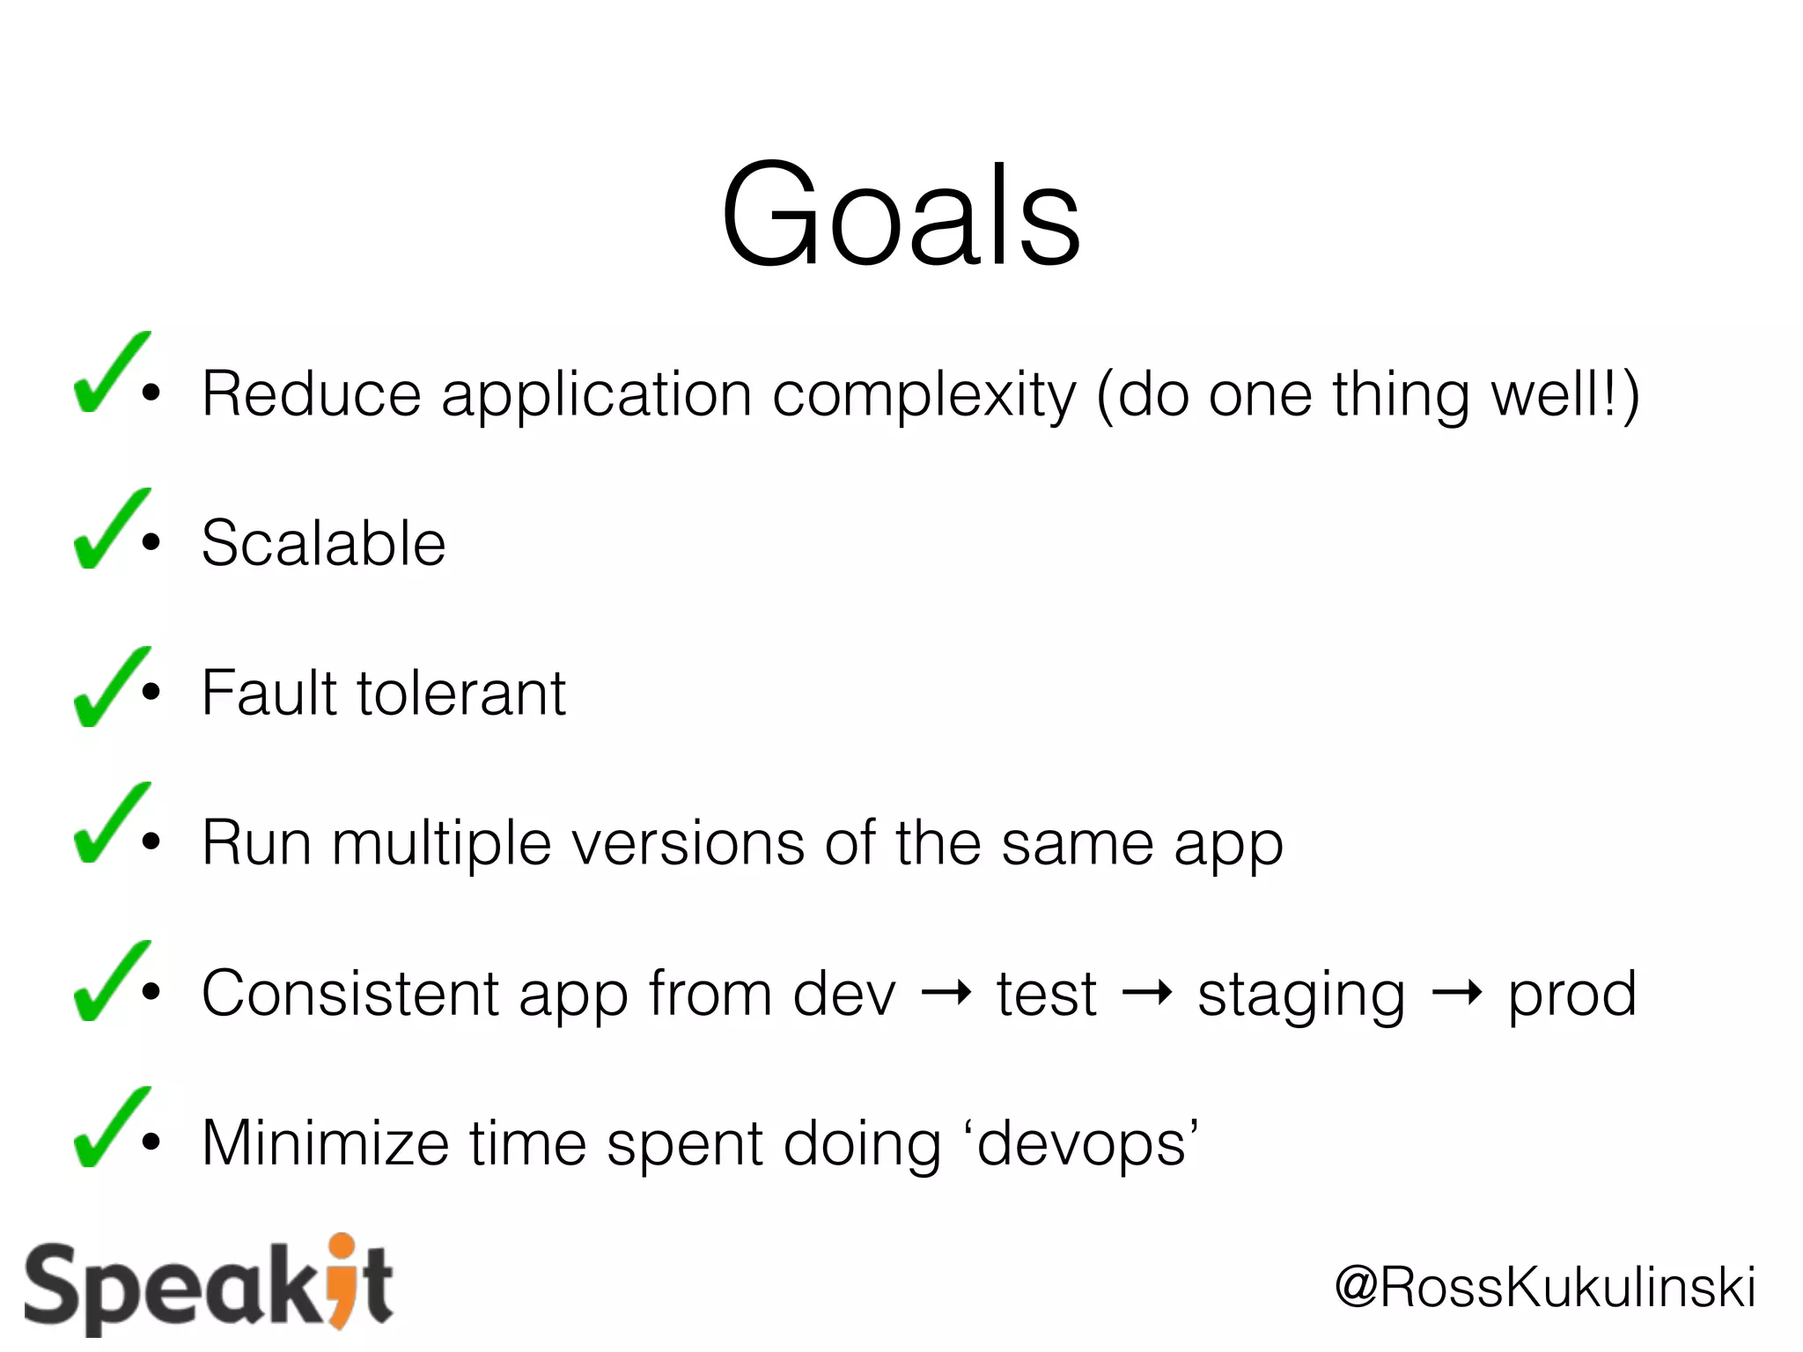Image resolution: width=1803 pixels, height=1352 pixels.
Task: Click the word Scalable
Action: [323, 543]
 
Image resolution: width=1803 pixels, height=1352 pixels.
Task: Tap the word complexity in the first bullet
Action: [924, 395]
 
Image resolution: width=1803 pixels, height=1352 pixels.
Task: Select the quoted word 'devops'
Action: [1087, 1144]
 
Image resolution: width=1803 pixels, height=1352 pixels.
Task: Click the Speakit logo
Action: [209, 1285]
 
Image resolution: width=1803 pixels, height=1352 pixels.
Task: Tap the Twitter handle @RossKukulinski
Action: [1545, 1287]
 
